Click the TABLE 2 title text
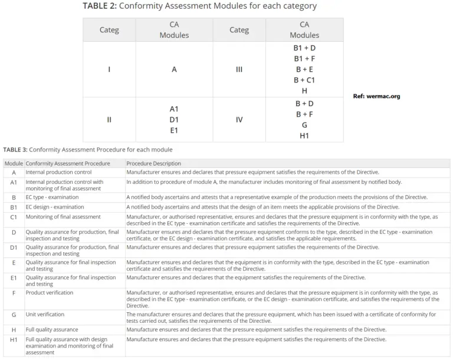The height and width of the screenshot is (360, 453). tap(199, 6)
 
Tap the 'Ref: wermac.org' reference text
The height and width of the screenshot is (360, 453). tap(376, 96)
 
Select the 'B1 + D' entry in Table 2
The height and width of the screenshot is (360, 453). tap(304, 48)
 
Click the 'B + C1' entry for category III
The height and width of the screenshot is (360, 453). tap(304, 80)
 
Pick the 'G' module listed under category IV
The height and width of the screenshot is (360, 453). tap(304, 125)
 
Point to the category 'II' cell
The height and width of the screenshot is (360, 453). tap(109, 120)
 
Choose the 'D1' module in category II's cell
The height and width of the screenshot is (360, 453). tap(174, 120)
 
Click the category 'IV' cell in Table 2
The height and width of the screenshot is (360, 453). tap(239, 120)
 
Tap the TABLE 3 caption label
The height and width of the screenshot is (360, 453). tap(88, 150)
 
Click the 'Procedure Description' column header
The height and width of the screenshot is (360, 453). tap(153, 163)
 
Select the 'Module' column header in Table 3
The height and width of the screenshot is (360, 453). tap(14, 163)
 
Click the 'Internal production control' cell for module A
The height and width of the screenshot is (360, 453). tap(58, 172)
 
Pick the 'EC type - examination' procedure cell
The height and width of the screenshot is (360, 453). tap(52, 197)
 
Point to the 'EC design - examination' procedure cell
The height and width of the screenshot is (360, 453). tap(55, 207)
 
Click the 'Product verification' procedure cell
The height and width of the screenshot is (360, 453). tap(50, 292)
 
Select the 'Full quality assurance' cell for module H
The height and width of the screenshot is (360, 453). tap(52, 329)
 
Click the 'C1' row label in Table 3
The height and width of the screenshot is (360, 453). tap(14, 217)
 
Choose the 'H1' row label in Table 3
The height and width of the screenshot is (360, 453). tap(14, 339)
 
